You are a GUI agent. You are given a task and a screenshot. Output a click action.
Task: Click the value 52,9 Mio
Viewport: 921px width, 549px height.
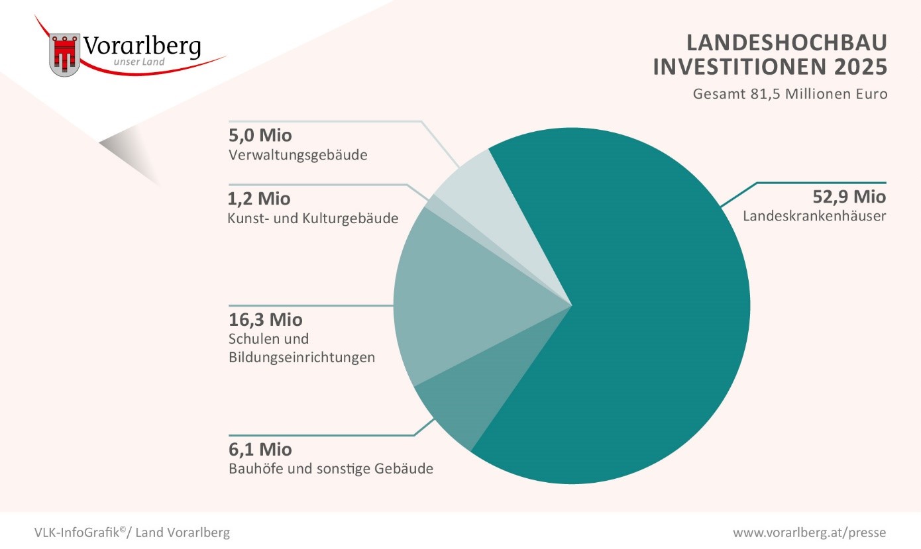point(849,197)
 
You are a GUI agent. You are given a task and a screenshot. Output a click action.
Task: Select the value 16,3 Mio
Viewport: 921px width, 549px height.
point(265,320)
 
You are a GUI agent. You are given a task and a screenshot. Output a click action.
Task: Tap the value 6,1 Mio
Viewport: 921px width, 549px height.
point(260,450)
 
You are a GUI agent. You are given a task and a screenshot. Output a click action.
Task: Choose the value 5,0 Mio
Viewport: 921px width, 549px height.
point(260,136)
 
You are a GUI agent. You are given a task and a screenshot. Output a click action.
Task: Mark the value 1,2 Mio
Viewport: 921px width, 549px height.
point(259,199)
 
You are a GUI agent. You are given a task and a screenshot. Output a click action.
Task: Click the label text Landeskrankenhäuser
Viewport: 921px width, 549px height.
point(814,217)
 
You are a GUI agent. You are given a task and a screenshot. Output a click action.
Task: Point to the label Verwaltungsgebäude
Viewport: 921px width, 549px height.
point(298,156)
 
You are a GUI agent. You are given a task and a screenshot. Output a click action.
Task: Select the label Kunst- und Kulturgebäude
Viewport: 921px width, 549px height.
point(313,218)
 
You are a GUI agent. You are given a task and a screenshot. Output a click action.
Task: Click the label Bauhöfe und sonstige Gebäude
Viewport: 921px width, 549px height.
point(331,470)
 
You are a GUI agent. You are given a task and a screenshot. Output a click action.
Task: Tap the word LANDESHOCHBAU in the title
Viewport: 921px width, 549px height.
point(786,43)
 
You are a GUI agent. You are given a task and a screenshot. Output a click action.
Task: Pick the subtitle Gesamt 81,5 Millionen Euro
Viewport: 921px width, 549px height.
point(789,93)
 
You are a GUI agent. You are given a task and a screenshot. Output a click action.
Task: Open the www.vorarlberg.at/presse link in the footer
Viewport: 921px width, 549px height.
point(809,532)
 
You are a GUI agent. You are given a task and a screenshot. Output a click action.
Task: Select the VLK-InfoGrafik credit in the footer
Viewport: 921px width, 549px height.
point(133,532)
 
